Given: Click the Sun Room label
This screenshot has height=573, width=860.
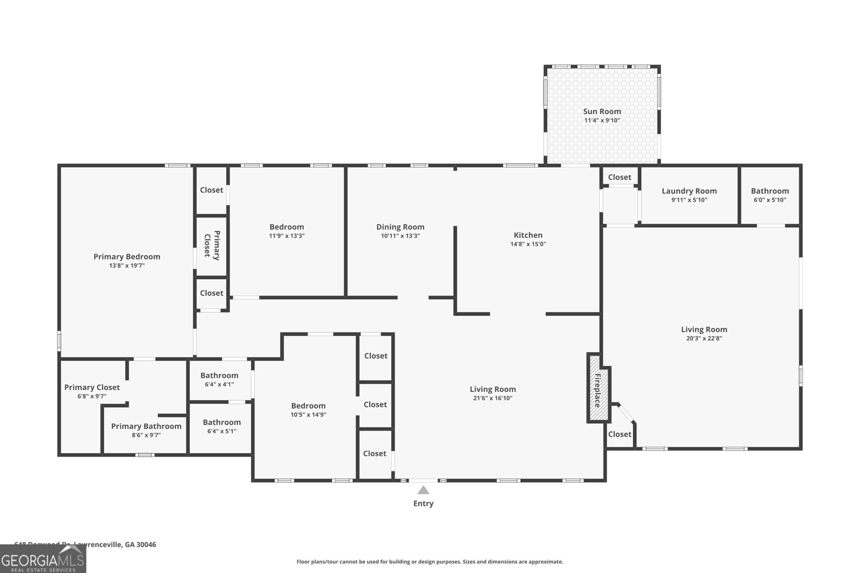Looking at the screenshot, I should click(602, 112).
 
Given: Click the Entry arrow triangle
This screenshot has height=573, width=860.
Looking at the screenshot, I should click(424, 490).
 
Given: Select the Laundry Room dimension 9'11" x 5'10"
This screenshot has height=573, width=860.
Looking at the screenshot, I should click(689, 200).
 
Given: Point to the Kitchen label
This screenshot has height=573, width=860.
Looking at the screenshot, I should click(528, 235).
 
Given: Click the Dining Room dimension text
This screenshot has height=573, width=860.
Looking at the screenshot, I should click(400, 236).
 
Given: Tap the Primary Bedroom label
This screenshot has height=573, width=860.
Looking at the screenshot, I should click(127, 257).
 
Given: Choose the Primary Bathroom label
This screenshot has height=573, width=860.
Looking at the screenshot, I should click(146, 426).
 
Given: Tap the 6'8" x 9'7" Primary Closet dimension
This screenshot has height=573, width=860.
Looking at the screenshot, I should click(92, 396).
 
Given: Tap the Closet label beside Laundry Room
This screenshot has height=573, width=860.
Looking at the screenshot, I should click(619, 177).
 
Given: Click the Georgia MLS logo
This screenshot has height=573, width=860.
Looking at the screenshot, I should click(43, 560).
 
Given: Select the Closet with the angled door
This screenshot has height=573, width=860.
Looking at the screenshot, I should click(619, 434).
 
